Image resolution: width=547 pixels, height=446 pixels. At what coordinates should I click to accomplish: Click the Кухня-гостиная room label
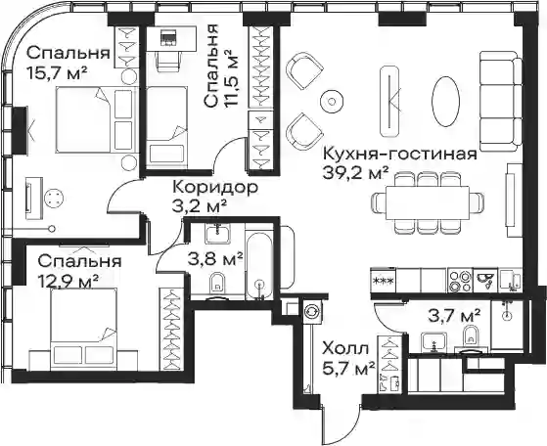click(x=400, y=155)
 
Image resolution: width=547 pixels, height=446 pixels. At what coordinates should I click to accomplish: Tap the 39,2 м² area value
click(x=356, y=172)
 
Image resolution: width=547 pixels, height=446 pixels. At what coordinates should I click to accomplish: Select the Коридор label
click(x=215, y=187)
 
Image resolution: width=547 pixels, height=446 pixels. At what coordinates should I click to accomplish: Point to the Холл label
click(x=345, y=349)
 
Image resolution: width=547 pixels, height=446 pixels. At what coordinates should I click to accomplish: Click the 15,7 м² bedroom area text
click(x=57, y=73)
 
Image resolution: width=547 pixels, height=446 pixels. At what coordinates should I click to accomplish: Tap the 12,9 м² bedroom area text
click(x=68, y=281)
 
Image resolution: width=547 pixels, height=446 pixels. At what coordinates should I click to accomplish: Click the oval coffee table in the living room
click(x=445, y=101)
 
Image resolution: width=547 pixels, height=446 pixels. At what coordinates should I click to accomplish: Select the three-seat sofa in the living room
click(x=501, y=102)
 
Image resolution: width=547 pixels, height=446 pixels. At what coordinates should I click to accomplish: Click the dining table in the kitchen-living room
click(x=428, y=202)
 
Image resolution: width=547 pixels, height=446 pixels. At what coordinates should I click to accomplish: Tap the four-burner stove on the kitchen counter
click(x=460, y=281)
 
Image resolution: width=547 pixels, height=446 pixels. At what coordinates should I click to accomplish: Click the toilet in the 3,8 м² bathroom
click(x=217, y=283)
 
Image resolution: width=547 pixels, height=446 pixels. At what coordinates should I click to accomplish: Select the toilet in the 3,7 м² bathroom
click(x=471, y=336)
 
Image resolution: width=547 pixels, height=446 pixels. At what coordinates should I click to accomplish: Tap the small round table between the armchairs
click(x=332, y=102)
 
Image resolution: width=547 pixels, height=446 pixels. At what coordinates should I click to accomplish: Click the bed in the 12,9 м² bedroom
click(x=83, y=329)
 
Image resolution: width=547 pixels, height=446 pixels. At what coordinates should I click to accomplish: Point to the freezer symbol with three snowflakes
click(x=383, y=281)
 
